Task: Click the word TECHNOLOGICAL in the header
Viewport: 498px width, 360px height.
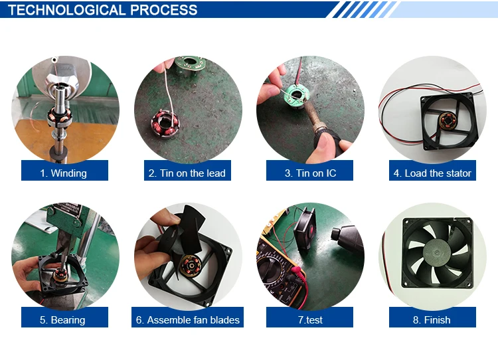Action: (66, 10)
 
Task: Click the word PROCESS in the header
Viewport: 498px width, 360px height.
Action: (164, 10)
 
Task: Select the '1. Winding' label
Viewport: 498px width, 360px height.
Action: (64, 173)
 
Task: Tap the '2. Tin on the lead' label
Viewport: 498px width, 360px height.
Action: (187, 173)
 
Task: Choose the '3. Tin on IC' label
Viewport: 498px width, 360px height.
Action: (310, 173)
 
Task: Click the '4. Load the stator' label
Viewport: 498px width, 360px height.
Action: (432, 173)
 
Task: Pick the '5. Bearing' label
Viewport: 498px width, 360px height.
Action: (62, 320)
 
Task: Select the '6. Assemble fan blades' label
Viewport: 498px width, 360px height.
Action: (188, 320)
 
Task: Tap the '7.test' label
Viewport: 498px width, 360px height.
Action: (310, 320)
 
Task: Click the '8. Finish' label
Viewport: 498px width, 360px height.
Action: (432, 320)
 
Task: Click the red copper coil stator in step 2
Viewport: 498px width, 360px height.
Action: (165, 124)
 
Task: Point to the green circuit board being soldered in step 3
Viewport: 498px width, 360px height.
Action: (295, 96)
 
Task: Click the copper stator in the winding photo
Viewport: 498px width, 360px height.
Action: (58, 116)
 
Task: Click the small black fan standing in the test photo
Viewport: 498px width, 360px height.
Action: (304, 227)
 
